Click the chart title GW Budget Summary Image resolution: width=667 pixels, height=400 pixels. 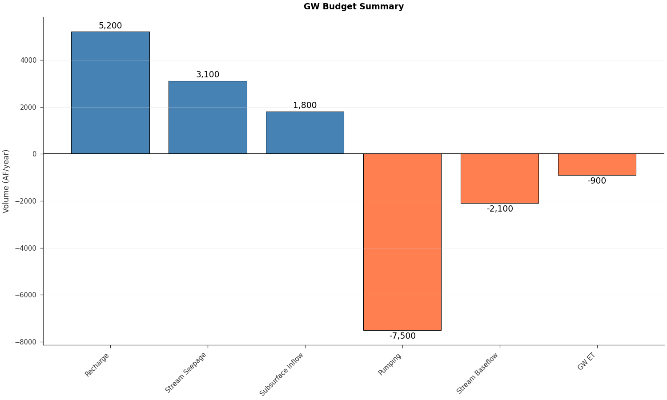354,7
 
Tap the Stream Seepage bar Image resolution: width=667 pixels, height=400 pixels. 208,117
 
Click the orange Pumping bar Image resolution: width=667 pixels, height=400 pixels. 402,242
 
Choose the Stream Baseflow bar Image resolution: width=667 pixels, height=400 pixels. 499,178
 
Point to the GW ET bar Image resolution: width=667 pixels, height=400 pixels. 597,164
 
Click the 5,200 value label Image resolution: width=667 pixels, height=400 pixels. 110,26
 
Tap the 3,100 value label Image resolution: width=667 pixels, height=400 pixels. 208,75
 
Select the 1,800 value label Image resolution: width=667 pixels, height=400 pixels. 305,105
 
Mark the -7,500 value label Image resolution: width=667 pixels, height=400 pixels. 402,336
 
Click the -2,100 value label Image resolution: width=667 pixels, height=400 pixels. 499,209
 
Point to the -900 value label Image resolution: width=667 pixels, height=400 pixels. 597,181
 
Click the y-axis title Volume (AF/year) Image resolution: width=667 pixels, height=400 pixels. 6,181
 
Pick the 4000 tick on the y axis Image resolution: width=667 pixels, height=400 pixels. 29,60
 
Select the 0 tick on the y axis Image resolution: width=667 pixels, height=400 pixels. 35,154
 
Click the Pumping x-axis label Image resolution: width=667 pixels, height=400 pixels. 390,364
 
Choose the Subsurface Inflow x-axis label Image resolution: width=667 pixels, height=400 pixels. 282,374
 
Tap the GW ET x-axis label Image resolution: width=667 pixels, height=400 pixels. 587,361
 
